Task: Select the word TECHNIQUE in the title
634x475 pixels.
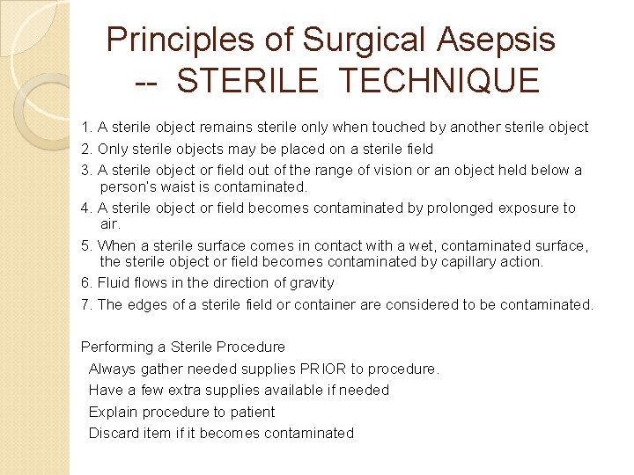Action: (439, 81)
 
